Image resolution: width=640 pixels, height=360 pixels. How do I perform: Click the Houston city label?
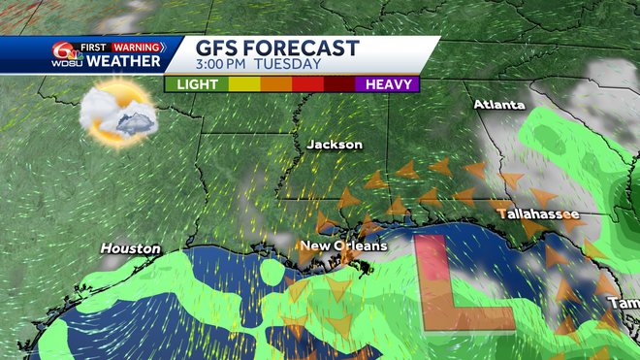tap(131, 249)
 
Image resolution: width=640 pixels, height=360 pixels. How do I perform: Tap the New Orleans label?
tap(342, 245)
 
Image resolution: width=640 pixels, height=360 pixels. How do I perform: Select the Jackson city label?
tap(335, 145)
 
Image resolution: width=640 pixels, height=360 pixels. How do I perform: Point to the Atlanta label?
tap(499, 104)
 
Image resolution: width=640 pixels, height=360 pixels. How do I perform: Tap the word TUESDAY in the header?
tap(288, 65)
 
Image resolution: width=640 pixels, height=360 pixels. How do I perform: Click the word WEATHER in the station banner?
tap(124, 62)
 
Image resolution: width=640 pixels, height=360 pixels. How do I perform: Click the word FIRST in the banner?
tap(93, 46)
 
